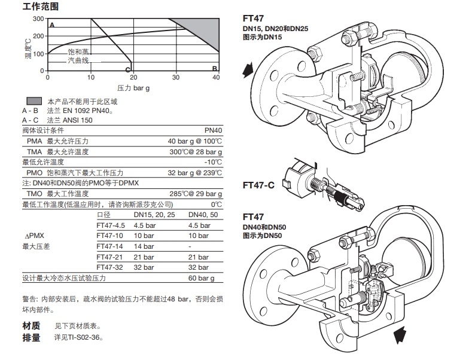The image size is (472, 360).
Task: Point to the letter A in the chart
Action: tap(52, 25)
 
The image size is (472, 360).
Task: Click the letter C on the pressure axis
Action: tap(127, 69)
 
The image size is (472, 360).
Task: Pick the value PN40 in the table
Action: tap(212, 130)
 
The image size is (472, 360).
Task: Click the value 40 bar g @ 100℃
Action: tap(194, 141)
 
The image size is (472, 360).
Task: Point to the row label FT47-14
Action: tap(110, 246)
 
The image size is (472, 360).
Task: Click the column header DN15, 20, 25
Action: tap(154, 215)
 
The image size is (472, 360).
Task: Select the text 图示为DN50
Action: tap(261, 236)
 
